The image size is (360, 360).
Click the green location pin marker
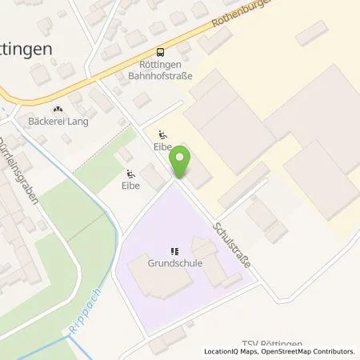tap(182, 162)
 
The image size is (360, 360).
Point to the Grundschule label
tap(174, 261)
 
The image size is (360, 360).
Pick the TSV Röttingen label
tap(277, 343)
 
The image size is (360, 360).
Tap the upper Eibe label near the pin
tap(164, 148)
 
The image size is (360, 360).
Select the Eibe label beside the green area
tap(131, 186)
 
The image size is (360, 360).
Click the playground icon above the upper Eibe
tap(164, 135)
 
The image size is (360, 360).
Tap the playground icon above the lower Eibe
tap(131, 173)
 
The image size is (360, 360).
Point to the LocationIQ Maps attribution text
tap(232, 351)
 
